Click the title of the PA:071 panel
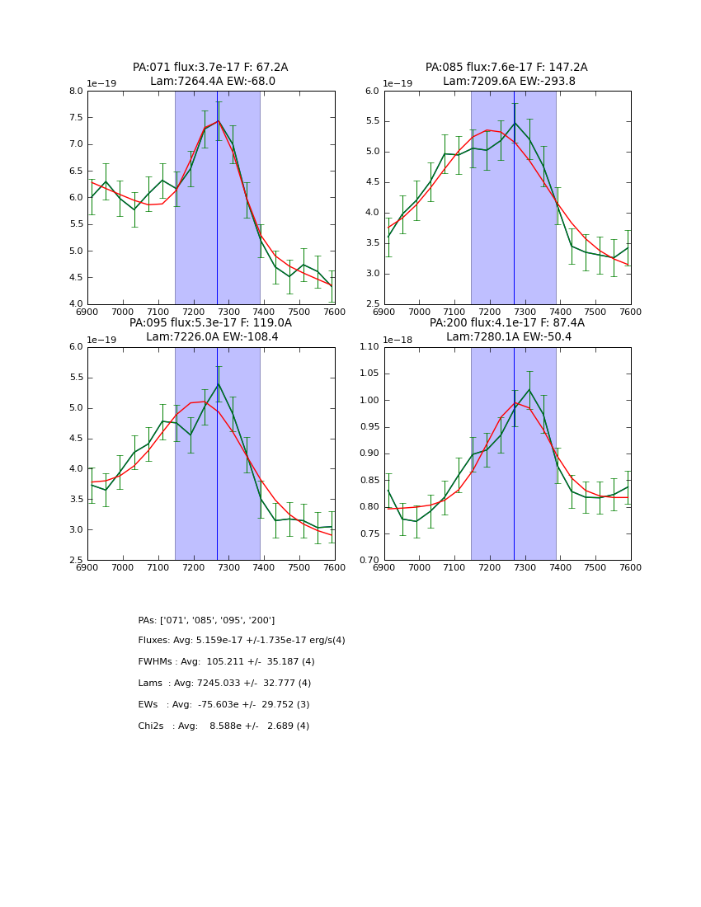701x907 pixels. point(210,74)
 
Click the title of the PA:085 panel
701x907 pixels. point(506,74)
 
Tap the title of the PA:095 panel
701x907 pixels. point(210,330)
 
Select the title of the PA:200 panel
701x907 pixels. point(506,330)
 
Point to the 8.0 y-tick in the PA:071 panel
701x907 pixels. point(76,92)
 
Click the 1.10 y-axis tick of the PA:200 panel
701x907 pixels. point(369,347)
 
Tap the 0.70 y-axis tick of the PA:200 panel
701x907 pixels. point(369,561)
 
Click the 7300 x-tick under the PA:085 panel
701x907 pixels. point(525,312)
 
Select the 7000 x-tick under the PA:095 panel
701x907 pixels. point(123,567)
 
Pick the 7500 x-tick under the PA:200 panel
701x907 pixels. point(595,567)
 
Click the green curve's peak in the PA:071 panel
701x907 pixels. point(219,121)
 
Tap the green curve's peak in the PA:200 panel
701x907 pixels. point(529,389)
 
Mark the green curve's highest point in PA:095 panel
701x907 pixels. point(219,383)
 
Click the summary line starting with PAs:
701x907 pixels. point(206,620)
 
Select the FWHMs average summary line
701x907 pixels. point(226,662)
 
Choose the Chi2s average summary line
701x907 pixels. point(223,726)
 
